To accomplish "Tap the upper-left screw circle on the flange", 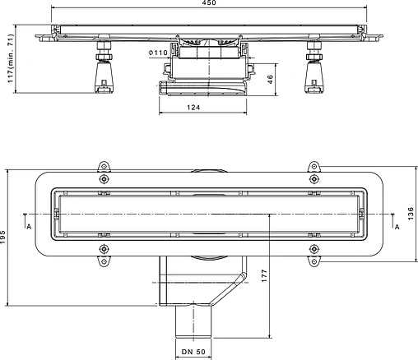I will pos(104,180).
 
